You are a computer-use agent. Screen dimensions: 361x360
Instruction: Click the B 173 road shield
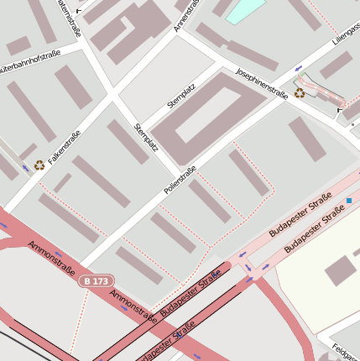(x=97, y=280)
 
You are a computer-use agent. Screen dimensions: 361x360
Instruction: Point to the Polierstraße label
(x=180, y=182)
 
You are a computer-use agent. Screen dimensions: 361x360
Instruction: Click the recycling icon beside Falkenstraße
(x=39, y=166)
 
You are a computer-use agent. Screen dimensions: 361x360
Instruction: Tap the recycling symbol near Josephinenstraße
(x=300, y=93)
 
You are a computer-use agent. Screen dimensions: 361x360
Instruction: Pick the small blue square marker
(x=349, y=200)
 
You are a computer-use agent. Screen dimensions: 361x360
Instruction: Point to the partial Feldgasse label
(x=345, y=348)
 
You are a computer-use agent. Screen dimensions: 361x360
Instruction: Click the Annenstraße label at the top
(x=186, y=15)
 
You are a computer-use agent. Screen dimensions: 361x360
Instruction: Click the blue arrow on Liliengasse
(x=299, y=67)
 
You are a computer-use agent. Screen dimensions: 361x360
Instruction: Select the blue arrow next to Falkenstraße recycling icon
(x=25, y=168)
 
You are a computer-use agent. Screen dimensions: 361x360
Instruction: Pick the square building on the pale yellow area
(x=340, y=270)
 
